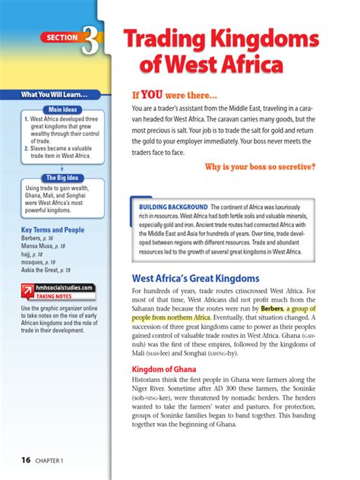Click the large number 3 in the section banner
tap(90, 43)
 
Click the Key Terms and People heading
tap(52, 229)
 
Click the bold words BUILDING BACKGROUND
tap(172, 207)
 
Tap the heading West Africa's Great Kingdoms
tap(196, 279)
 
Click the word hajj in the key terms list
tap(28, 254)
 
